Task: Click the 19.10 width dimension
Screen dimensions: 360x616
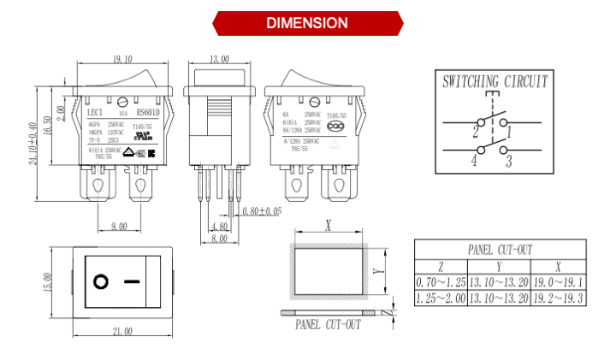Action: tap(122, 60)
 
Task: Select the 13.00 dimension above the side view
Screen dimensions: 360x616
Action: tap(219, 60)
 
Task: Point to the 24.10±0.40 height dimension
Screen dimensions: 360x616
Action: tap(35, 142)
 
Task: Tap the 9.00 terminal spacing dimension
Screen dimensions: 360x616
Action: tap(119, 226)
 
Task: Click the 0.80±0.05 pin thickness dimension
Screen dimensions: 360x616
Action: tap(262, 211)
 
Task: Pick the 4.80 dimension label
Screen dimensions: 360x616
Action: tap(220, 227)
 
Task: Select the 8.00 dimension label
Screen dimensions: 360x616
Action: tap(219, 239)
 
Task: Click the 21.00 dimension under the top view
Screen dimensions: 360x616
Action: tap(121, 331)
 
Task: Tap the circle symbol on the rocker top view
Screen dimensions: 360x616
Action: tap(101, 281)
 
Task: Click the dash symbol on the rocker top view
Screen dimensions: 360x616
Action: tap(132, 281)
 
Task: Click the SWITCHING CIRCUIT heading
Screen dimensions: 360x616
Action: tap(494, 83)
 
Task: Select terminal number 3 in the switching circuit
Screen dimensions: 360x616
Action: tap(507, 159)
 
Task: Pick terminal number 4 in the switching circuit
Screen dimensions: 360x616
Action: tap(472, 160)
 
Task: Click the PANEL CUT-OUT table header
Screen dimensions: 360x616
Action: tap(500, 250)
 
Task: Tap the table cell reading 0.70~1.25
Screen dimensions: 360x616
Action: tap(441, 282)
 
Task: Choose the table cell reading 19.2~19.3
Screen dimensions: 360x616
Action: tap(558, 298)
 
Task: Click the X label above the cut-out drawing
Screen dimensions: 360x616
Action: tap(328, 226)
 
